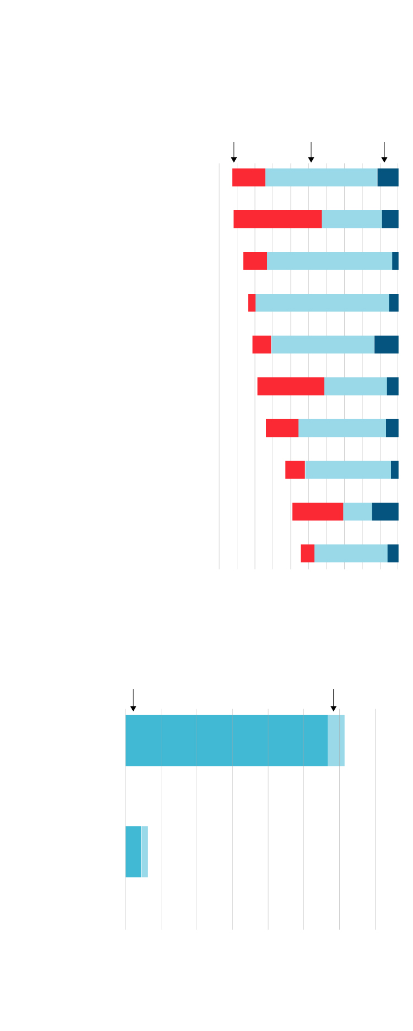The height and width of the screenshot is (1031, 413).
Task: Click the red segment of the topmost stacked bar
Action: pos(248,178)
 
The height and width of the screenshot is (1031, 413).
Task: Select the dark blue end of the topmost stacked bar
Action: pos(388,178)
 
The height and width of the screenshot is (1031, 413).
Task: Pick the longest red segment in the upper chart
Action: pos(278,219)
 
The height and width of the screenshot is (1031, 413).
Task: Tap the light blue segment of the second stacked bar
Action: pos(352,219)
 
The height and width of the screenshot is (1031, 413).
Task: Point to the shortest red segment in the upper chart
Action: pos(252,303)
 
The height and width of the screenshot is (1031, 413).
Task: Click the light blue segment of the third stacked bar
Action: pos(329,261)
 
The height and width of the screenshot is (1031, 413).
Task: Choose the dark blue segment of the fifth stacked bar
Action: pos(386,344)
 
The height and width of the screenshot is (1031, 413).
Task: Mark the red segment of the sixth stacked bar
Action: pos(291,386)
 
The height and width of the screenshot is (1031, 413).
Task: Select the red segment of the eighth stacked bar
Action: pos(295,470)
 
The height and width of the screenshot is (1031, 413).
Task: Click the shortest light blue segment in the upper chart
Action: pos(357,512)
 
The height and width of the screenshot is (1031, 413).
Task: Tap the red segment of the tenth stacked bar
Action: pos(307,553)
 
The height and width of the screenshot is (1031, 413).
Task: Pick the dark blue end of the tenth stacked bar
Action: pos(393,553)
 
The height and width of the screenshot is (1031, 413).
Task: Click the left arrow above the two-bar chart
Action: pos(133,700)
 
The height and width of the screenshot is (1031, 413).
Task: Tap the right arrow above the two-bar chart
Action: pos(333,700)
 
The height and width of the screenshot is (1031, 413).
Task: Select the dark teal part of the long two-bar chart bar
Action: pos(226,741)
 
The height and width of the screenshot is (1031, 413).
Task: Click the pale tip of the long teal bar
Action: pos(336,741)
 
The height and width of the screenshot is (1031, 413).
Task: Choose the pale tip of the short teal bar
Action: pos(145,852)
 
